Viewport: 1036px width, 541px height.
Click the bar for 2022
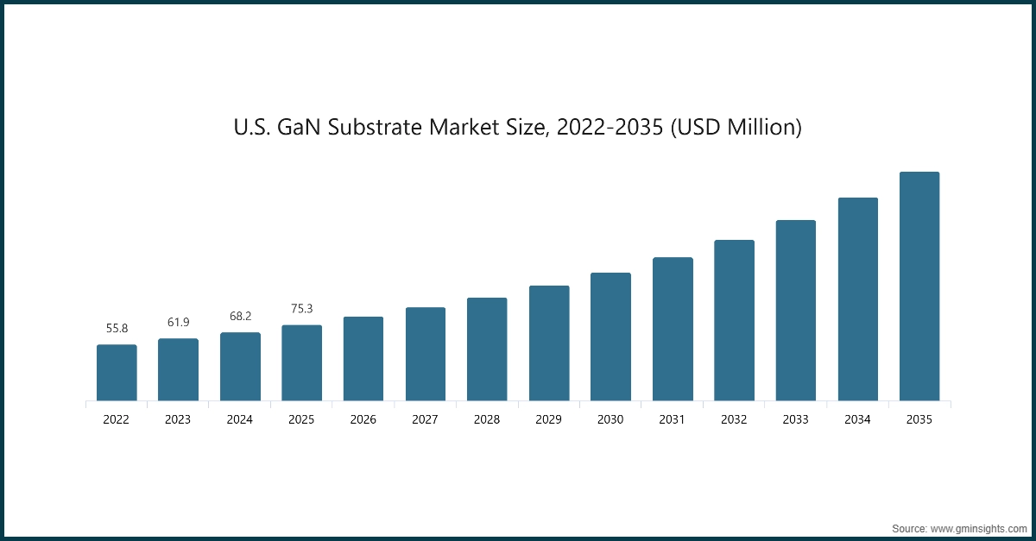[x=117, y=373]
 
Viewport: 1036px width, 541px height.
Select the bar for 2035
[x=919, y=286]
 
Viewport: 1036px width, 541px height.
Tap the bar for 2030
[x=610, y=337]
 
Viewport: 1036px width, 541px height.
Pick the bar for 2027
[x=426, y=354]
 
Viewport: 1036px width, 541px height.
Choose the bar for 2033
[x=795, y=311]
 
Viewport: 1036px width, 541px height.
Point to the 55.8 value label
[x=117, y=329]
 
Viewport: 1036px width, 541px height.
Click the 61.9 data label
[x=178, y=323]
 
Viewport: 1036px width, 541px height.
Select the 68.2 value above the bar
[x=240, y=317]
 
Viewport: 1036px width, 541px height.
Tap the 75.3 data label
[x=301, y=309]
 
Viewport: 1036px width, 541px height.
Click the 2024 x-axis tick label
[x=240, y=420]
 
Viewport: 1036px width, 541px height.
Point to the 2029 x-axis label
[x=549, y=420]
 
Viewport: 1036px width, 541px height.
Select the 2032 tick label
[x=734, y=420]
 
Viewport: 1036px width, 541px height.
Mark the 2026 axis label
[x=363, y=420]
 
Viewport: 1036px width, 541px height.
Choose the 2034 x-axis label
[x=857, y=420]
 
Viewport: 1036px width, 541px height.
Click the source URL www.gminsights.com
[x=976, y=527]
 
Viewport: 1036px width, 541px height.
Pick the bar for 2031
[x=673, y=329]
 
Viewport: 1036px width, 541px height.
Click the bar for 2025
[x=301, y=362]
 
